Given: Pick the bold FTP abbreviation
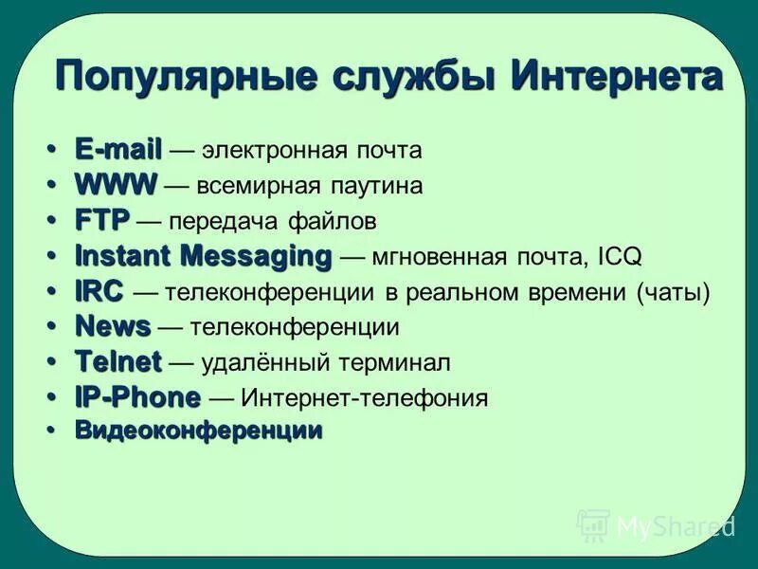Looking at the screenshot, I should [x=101, y=221].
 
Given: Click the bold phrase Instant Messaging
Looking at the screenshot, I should [x=204, y=256].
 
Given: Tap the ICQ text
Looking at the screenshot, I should [x=621, y=257].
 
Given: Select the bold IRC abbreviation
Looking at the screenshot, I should [x=99, y=292].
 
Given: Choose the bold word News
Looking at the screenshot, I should [x=113, y=327].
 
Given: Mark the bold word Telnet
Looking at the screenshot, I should [x=118, y=362].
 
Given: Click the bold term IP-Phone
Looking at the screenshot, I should [x=137, y=397].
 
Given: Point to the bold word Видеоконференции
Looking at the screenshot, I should [x=199, y=431].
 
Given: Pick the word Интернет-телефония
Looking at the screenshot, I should [x=365, y=398].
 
